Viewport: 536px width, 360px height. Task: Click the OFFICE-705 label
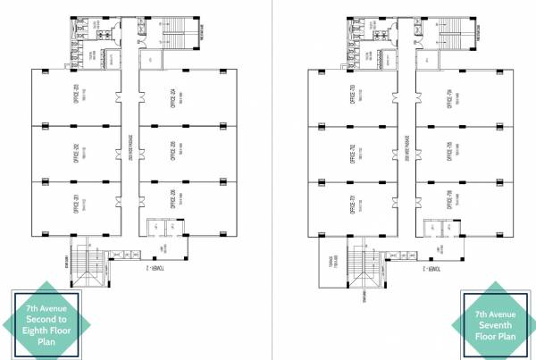(x=447, y=150)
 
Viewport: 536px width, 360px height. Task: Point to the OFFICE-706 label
(x=447, y=202)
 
